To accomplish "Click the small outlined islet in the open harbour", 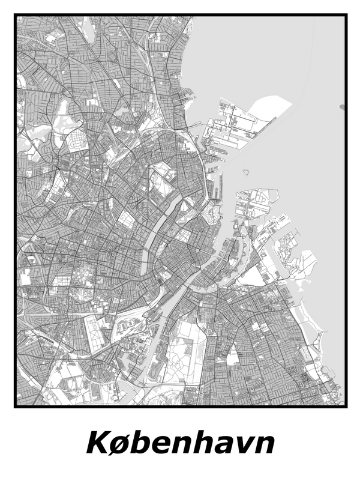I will [x=245, y=172].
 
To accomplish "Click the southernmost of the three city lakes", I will [x=146, y=256].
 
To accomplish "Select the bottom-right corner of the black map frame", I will [x=347, y=406].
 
